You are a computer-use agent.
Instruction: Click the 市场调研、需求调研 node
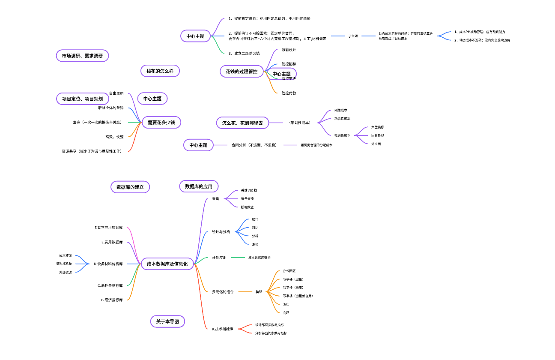82,56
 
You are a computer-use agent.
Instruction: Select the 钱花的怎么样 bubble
160,71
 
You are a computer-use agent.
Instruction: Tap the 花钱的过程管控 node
242,72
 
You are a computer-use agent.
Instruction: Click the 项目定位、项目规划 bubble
82,99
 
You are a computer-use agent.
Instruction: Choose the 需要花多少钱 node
161,123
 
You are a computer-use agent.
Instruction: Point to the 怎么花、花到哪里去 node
242,123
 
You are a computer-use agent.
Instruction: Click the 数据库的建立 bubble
130,187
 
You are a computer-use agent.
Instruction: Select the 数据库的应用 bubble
199,186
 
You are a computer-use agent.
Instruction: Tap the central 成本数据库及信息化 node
167,264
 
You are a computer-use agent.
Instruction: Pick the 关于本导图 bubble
168,321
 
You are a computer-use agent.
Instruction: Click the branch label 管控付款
289,93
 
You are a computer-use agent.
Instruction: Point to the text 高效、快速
114,137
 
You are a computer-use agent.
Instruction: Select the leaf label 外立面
376,144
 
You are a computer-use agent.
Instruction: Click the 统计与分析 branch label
221,232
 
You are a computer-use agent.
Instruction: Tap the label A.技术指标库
223,329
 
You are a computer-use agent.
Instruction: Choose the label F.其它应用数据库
109,228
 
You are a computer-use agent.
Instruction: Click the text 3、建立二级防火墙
244,53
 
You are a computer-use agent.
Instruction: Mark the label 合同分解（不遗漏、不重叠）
254,145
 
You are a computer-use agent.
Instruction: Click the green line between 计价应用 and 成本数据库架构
238,258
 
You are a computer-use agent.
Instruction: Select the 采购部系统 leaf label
64,264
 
